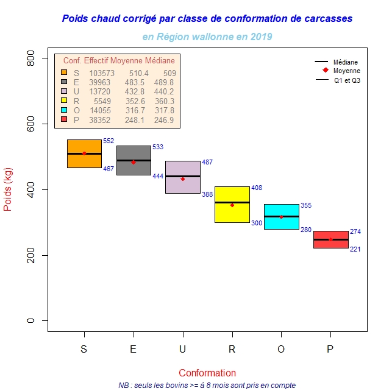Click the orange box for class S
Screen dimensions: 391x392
click(x=84, y=161)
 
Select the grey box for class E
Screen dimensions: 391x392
click(x=134, y=167)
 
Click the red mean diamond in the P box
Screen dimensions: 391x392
click(x=330, y=239)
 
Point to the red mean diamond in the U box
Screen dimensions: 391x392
click(x=183, y=179)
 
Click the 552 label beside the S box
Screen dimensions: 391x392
click(x=109, y=141)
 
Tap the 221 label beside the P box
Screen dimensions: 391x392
click(x=355, y=249)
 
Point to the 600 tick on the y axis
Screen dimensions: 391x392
click(x=32, y=124)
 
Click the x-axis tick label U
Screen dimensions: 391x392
click(x=183, y=349)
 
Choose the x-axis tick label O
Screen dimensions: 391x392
click(x=281, y=349)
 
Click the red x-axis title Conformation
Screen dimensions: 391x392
click(x=207, y=373)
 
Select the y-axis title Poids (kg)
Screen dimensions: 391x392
click(x=9, y=189)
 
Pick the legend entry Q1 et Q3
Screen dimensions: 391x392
click(x=347, y=80)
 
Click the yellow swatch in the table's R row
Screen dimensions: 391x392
click(x=64, y=101)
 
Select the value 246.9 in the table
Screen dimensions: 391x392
click(x=164, y=120)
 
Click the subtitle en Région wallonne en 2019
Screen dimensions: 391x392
click(x=207, y=37)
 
